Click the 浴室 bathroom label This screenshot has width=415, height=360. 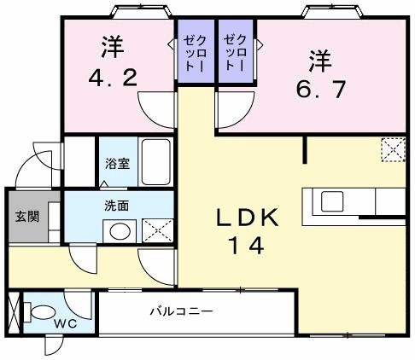tap(118, 164)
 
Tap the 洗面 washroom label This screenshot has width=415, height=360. tap(117, 205)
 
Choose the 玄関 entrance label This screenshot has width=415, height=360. tap(24, 216)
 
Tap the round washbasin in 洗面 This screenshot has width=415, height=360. tap(120, 230)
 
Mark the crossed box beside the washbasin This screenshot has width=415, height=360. tap(153, 230)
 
